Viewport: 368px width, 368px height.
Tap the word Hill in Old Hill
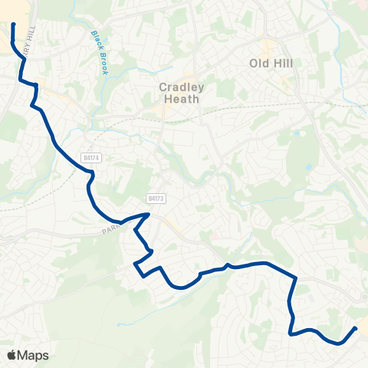click(x=282, y=64)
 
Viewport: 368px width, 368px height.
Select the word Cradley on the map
click(x=179, y=87)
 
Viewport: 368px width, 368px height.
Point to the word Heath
click(x=179, y=99)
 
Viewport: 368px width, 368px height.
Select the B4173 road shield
click(x=156, y=198)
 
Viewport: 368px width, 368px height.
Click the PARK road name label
click(x=112, y=228)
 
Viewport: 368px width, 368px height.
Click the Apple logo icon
click(x=12, y=355)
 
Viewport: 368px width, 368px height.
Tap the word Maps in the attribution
click(x=33, y=355)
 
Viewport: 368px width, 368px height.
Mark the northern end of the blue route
click(x=14, y=25)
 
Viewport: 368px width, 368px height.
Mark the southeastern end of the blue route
click(x=356, y=328)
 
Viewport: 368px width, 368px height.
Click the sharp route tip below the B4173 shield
click(x=148, y=215)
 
